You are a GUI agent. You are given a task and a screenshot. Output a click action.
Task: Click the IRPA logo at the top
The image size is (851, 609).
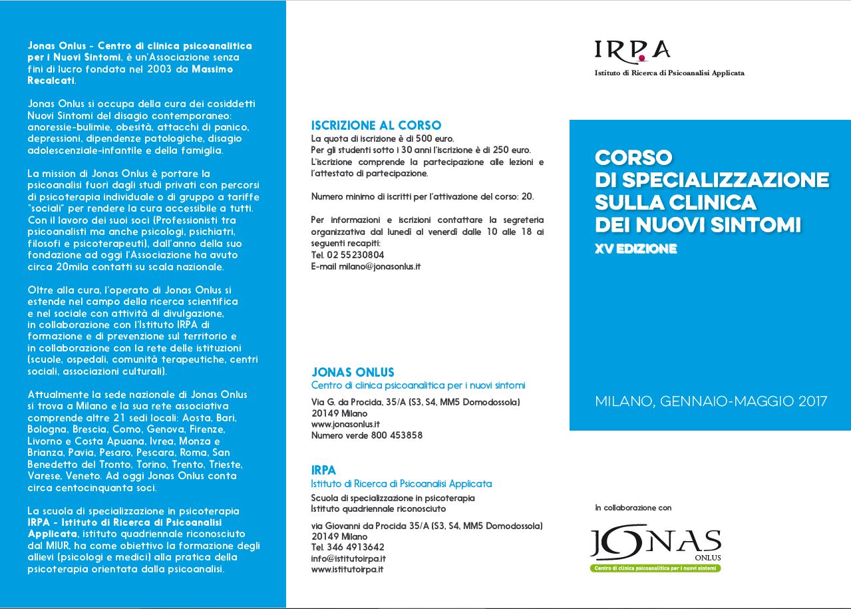coord(631,50)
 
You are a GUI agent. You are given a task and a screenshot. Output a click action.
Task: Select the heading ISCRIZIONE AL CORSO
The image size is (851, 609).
coord(376,125)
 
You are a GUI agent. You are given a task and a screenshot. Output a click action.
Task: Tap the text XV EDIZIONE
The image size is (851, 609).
coord(635,250)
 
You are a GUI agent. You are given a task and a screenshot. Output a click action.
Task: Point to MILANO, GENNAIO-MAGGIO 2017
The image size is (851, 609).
coord(711,401)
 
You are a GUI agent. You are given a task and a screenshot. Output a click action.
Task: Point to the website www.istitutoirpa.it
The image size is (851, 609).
coord(347,570)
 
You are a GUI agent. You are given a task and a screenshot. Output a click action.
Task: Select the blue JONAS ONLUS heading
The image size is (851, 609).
coord(353,372)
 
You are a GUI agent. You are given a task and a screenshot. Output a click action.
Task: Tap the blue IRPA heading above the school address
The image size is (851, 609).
coord(323,471)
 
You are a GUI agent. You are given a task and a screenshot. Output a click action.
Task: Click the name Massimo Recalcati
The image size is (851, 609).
coord(130,75)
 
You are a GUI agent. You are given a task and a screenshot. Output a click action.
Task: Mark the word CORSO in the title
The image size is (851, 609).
coord(633,157)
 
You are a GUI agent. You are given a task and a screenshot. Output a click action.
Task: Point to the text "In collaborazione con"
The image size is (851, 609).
coord(633,508)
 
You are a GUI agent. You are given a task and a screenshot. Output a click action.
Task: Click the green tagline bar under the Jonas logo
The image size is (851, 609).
coord(655,568)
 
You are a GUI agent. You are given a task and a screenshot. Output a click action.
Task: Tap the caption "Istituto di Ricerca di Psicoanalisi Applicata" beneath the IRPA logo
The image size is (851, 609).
coord(669,73)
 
